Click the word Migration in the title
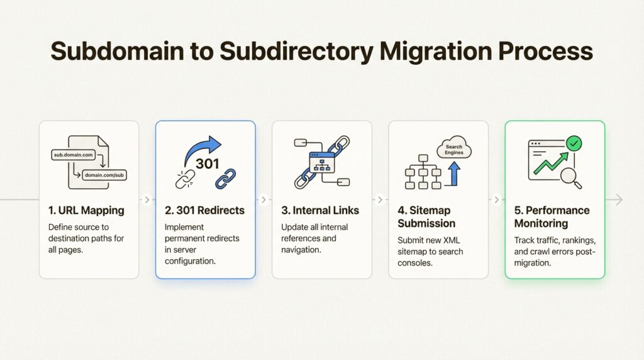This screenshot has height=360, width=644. [435, 52]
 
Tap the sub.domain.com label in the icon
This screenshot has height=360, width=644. [74, 155]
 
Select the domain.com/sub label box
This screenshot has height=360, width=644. [104, 175]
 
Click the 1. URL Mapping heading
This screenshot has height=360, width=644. [86, 210]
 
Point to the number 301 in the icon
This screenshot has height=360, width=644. [208, 164]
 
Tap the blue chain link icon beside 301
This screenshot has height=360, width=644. [226, 179]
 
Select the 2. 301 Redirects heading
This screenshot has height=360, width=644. [204, 210]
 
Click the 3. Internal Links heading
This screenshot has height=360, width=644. [320, 210]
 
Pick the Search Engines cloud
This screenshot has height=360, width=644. [454, 149]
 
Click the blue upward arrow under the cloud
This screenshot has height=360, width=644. [453, 174]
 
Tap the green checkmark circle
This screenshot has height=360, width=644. [574, 143]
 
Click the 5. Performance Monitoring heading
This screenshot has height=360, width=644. [552, 217]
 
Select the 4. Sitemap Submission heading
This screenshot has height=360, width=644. [426, 217]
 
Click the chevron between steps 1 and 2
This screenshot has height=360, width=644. [147, 200]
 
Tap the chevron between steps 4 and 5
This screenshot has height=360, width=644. [497, 200]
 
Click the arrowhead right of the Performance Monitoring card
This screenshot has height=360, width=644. [619, 200]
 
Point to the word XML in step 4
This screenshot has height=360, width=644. [452, 240]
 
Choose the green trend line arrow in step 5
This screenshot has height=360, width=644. [551, 163]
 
